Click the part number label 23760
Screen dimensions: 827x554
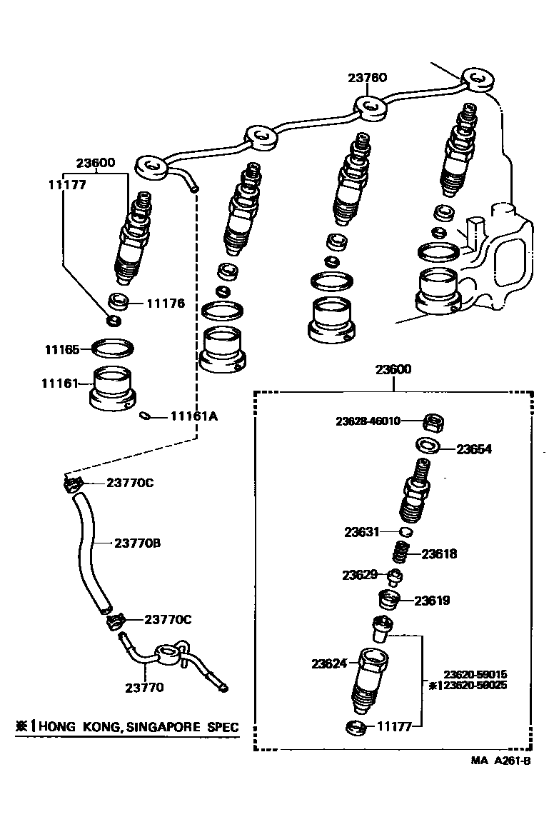click(368, 78)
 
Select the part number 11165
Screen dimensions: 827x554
click(61, 350)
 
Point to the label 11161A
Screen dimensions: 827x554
click(193, 416)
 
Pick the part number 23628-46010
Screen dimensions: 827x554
click(368, 421)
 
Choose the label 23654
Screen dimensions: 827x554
click(474, 449)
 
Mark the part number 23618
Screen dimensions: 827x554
click(439, 553)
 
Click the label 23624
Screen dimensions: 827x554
click(328, 663)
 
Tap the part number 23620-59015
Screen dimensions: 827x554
click(474, 673)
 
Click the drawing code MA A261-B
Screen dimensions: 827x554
click(500, 761)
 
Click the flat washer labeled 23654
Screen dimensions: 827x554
click(428, 446)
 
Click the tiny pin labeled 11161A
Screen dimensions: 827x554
click(146, 416)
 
